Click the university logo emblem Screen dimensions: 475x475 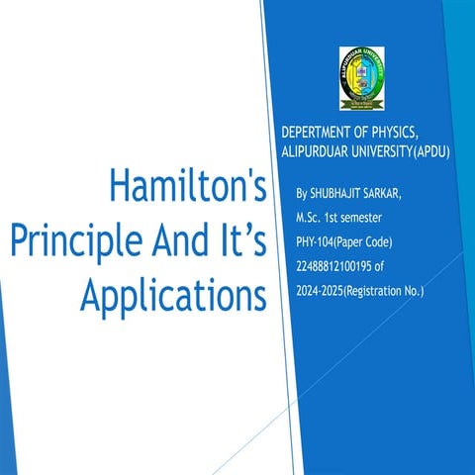click(x=368, y=77)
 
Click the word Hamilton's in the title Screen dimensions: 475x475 click(x=187, y=187)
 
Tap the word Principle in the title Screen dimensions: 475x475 click(x=67, y=241)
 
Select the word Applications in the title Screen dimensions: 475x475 click(x=174, y=295)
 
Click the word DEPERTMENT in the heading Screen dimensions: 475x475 click(x=320, y=133)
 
